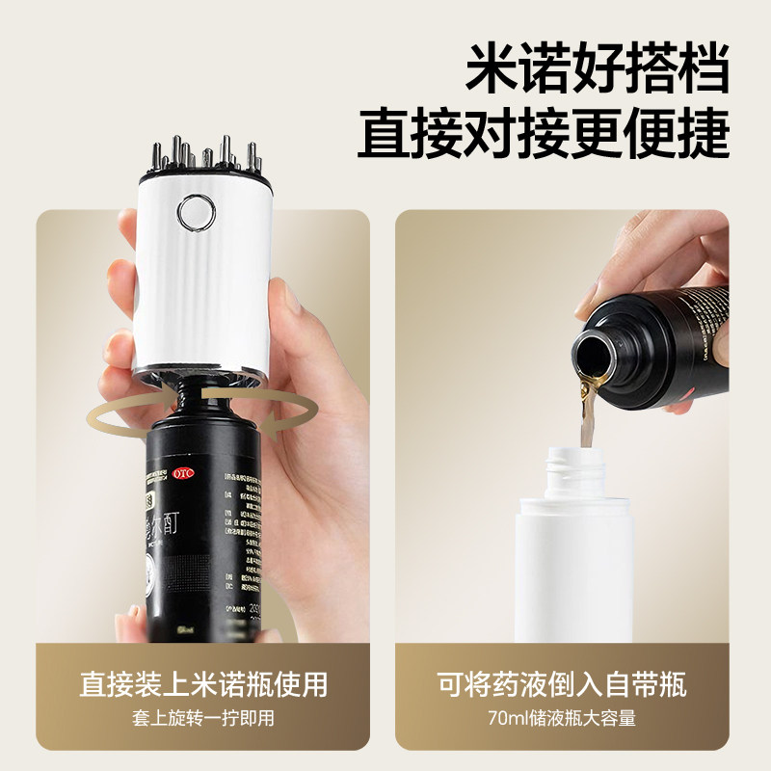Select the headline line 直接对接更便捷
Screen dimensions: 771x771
pos(543,135)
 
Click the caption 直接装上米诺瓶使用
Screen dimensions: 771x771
pos(203,684)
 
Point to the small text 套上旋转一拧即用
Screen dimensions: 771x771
pos(203,718)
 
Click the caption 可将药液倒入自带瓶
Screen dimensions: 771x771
pos(562,684)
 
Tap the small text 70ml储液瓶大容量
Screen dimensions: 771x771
pos(562,718)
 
